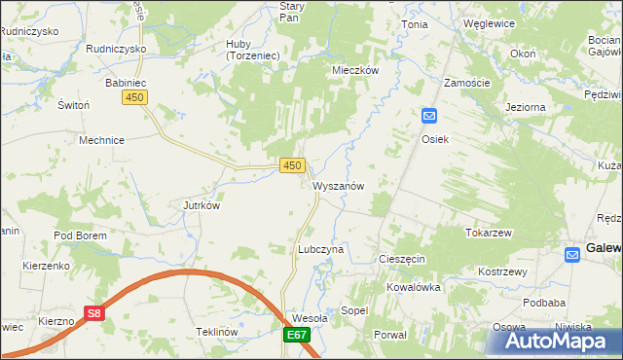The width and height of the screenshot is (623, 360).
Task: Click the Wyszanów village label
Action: pyautogui.click(x=339, y=186)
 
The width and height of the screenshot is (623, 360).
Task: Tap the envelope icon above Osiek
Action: pyautogui.click(x=429, y=117)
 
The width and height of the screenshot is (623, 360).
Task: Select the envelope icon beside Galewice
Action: pyautogui.click(x=573, y=254)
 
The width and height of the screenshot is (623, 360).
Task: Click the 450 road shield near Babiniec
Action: pyautogui.click(x=134, y=97)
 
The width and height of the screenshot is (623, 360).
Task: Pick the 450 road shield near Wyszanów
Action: pyautogui.click(x=291, y=166)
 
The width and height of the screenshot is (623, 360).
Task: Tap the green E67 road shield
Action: pyautogui.click(x=297, y=336)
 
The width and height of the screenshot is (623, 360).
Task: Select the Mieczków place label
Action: pyautogui.click(x=354, y=71)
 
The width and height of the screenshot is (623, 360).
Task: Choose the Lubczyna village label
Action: pyautogui.click(x=320, y=249)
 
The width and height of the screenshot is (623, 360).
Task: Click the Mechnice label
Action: pyautogui.click(x=101, y=140)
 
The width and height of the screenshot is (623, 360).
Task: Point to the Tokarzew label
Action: pyautogui.click(x=489, y=234)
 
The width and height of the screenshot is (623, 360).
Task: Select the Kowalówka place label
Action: pyautogui.click(x=414, y=288)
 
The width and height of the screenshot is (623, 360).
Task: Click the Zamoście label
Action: pyautogui.click(x=466, y=84)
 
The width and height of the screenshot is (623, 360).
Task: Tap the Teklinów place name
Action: pyautogui.click(x=217, y=332)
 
